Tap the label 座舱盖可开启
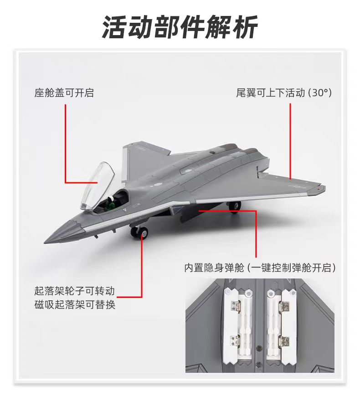pos(64,93)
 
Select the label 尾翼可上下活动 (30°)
pos(283,93)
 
